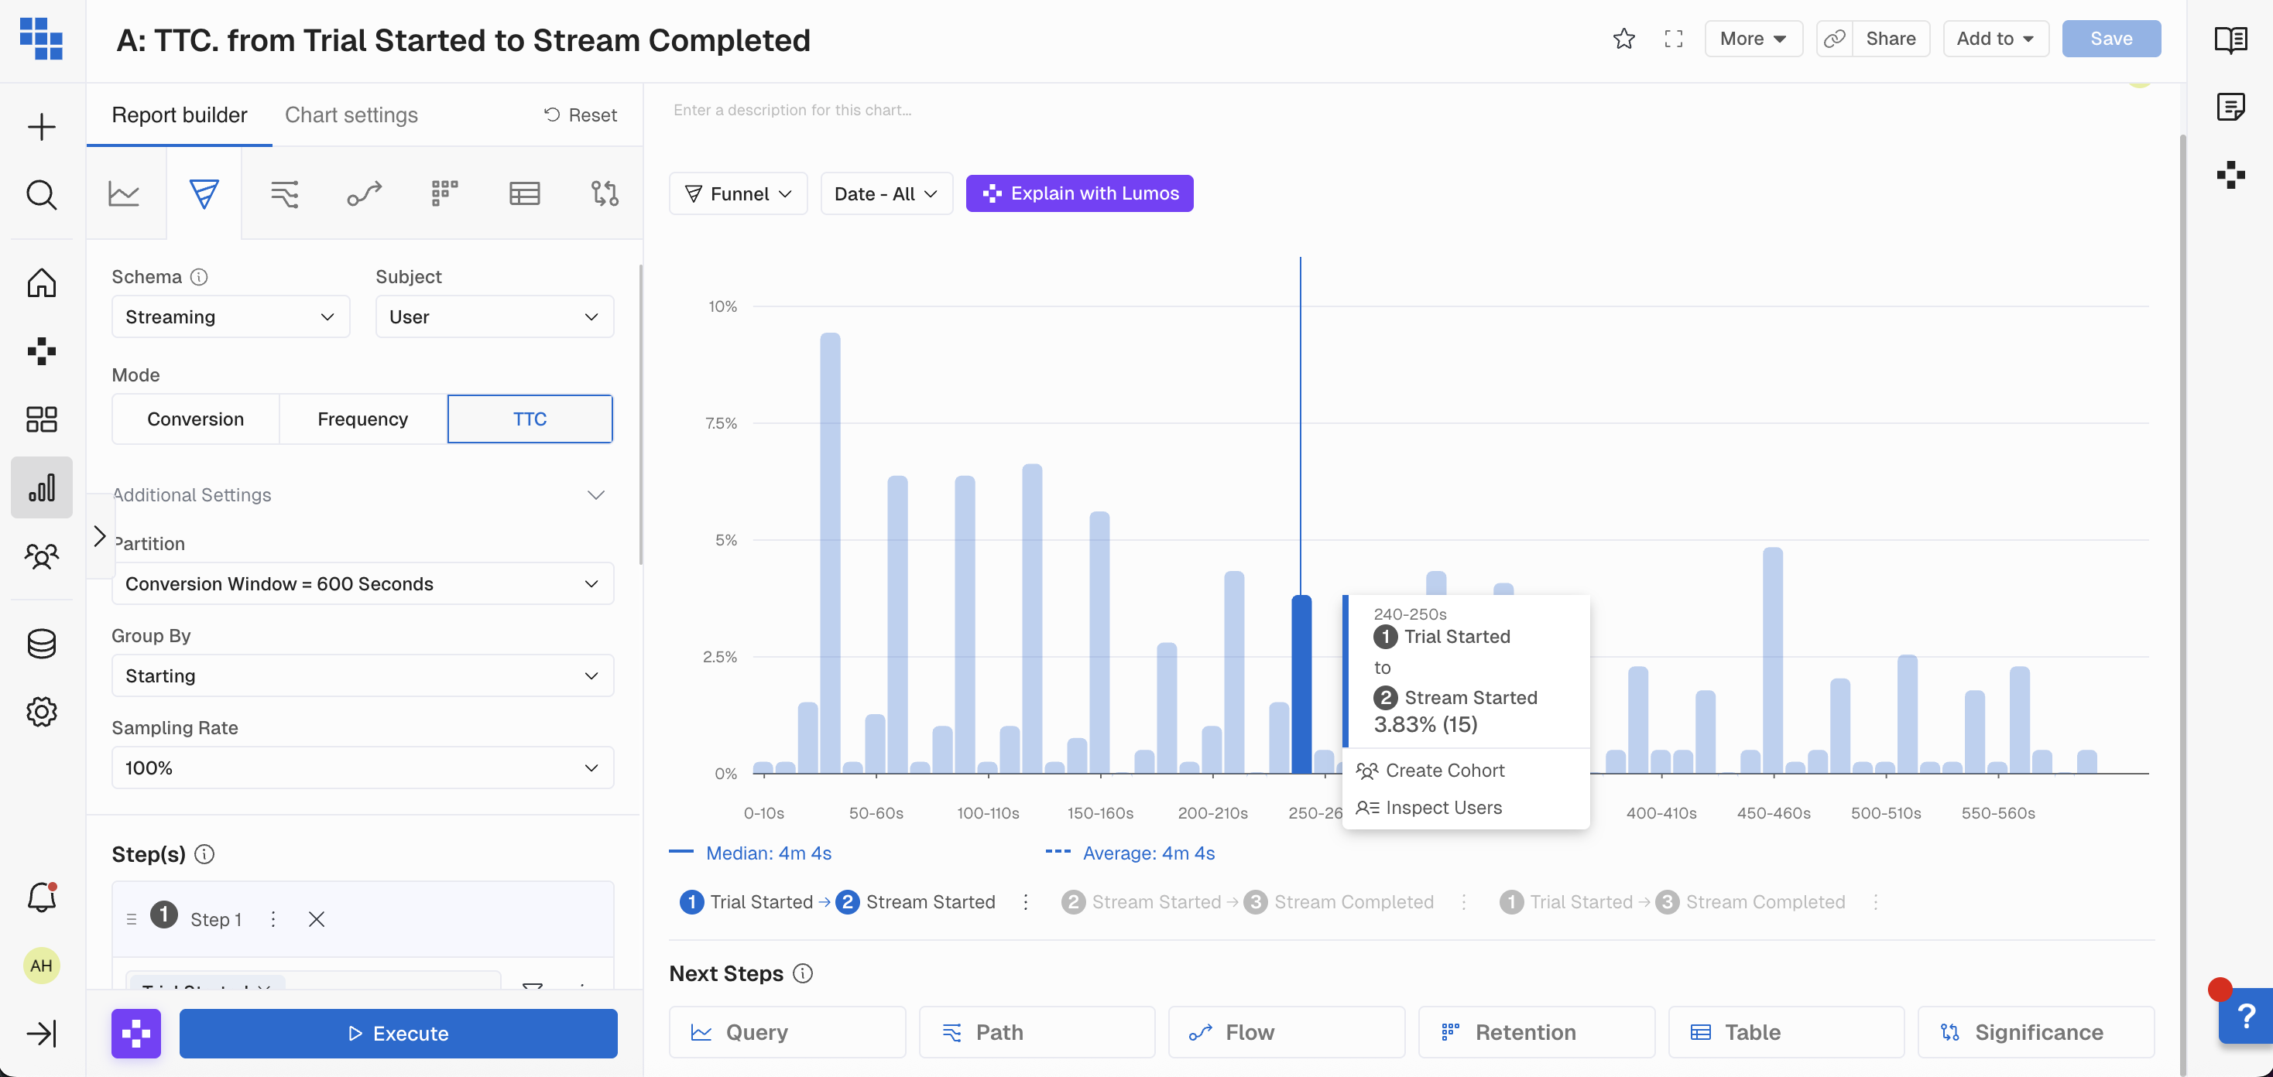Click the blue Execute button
[x=398, y=1033]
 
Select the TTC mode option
[x=530, y=419]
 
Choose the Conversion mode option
[x=195, y=419]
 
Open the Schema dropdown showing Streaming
[x=230, y=316]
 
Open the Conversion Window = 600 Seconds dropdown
[x=362, y=584]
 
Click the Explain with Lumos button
[x=1079, y=193]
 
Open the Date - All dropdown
[x=886, y=194]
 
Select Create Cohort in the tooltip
[x=1444, y=770]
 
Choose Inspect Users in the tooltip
[x=1442, y=807]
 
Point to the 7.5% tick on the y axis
[x=721, y=423]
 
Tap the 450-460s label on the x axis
[x=1773, y=812]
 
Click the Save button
[x=2110, y=39]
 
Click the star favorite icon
[x=1623, y=39]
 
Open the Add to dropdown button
[x=1995, y=39]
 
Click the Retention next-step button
[x=1536, y=1032]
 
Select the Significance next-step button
[x=2035, y=1032]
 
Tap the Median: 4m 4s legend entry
[x=768, y=853]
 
